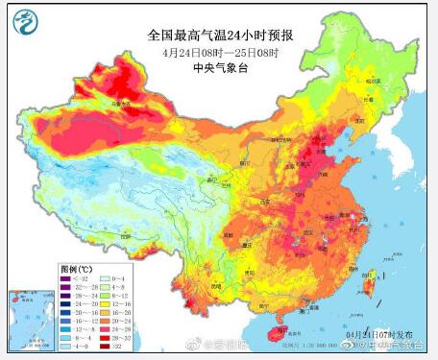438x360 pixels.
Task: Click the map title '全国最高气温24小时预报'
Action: pyautogui.click(x=220, y=35)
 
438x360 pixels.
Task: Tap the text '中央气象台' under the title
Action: pyautogui.click(x=220, y=67)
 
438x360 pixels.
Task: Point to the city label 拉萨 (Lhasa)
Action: pyautogui.click(x=123, y=236)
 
